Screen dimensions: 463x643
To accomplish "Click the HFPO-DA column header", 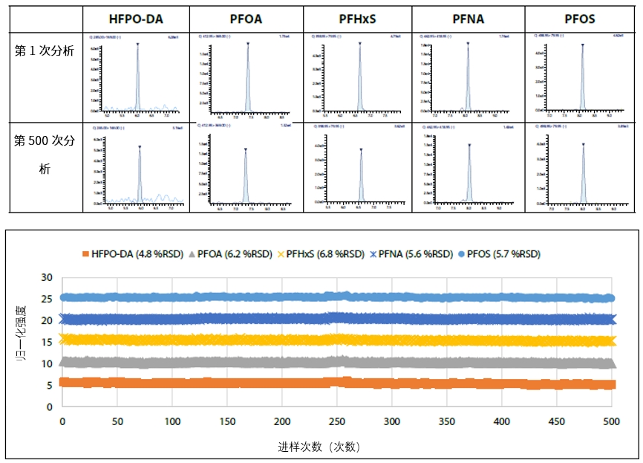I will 136,19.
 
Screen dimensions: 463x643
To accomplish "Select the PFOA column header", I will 246,19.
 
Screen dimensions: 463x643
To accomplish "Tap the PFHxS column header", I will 357,19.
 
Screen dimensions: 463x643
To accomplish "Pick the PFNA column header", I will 468,19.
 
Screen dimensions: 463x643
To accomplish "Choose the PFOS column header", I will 580,19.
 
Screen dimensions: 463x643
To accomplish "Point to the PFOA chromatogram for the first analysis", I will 246,77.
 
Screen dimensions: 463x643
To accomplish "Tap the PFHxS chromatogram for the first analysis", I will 357,77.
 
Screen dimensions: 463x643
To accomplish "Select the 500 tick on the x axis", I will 611,421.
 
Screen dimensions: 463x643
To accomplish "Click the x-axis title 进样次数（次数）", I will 319,447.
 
